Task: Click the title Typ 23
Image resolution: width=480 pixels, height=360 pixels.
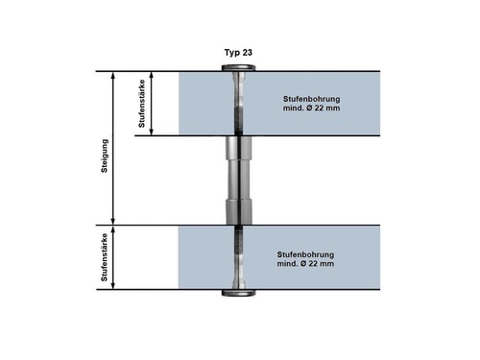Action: tap(238, 53)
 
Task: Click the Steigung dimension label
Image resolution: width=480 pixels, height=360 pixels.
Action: tap(105, 156)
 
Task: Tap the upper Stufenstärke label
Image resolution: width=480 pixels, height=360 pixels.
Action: tap(141, 104)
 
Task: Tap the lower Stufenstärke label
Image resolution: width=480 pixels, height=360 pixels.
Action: tap(105, 257)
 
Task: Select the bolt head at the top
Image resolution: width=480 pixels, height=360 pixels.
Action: tap(239, 67)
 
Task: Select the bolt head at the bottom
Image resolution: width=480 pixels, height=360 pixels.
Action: tap(239, 293)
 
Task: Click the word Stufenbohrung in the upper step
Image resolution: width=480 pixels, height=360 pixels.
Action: tap(311, 99)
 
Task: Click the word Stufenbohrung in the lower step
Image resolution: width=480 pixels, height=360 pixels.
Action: tap(305, 254)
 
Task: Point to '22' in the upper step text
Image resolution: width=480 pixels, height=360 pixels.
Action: tap(319, 108)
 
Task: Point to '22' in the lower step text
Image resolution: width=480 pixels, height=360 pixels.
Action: tap(313, 264)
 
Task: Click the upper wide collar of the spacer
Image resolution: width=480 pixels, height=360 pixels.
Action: tap(239, 148)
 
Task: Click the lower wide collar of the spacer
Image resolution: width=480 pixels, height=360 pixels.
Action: tap(239, 211)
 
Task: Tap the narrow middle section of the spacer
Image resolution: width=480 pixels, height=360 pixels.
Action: tap(239, 179)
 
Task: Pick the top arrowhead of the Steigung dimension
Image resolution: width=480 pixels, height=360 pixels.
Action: tap(112, 75)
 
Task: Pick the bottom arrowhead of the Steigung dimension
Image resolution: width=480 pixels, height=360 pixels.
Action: tap(112, 222)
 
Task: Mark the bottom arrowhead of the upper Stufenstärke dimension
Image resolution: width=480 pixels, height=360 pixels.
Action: tap(152, 132)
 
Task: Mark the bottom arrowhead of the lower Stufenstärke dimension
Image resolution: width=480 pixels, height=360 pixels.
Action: tap(112, 286)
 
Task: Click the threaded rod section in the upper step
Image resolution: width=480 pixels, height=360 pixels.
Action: tap(238, 122)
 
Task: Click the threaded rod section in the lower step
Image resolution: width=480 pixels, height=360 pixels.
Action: tap(239, 239)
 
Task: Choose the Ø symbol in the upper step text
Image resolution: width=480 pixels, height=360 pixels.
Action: tap(309, 108)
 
